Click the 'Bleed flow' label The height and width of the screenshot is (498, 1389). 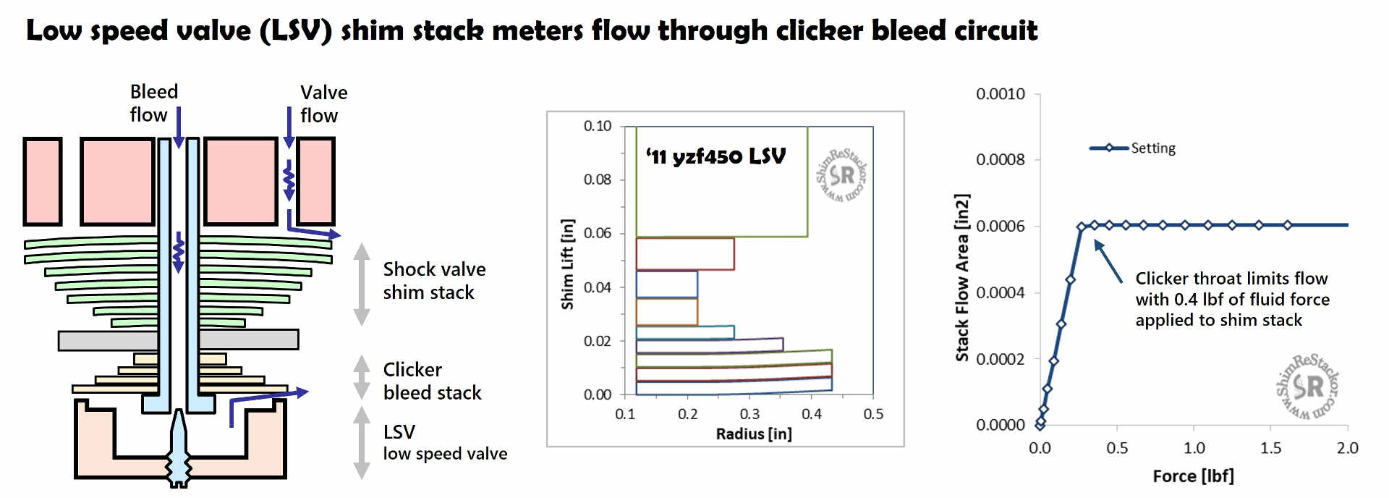[153, 103]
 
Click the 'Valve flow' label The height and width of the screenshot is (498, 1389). [323, 104]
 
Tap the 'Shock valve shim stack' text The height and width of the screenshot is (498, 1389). [433, 281]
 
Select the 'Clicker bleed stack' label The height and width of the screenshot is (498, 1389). [431, 381]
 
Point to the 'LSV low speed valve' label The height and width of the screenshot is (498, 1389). [444, 442]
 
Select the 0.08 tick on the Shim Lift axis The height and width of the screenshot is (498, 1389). [597, 180]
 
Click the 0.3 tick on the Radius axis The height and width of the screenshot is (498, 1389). [749, 414]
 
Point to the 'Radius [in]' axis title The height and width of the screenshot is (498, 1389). [753, 434]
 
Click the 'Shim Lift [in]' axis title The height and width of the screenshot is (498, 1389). [568, 264]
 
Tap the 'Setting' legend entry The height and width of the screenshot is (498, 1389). [1152, 148]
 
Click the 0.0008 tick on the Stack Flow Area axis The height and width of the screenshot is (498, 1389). [1000, 160]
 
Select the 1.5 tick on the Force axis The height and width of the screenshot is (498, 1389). [1270, 448]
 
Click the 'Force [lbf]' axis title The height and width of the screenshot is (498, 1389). [1193, 476]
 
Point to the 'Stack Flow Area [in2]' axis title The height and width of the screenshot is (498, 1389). [961, 277]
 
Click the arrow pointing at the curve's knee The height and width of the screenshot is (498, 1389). [1108, 261]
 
